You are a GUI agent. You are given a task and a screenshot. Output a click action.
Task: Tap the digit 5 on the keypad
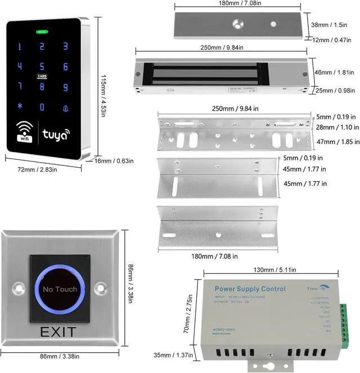click(42, 66)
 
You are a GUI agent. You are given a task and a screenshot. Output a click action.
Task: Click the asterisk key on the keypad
click(20, 106)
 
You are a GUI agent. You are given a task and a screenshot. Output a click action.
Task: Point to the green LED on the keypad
click(42, 32)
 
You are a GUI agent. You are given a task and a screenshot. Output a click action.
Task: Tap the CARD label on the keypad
click(42, 76)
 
